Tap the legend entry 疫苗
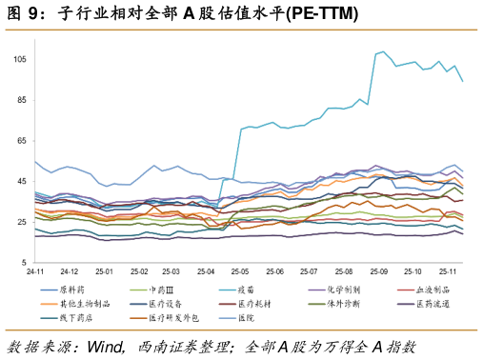pyautogui.click(x=246, y=289)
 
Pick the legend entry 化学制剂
pyautogui.click(x=343, y=289)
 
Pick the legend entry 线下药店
pyautogui.click(x=74, y=317)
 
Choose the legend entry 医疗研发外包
pyautogui.click(x=170, y=317)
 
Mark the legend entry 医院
pyautogui.click(x=246, y=317)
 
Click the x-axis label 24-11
pyautogui.click(x=34, y=271)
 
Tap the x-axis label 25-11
pyautogui.click(x=446, y=271)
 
